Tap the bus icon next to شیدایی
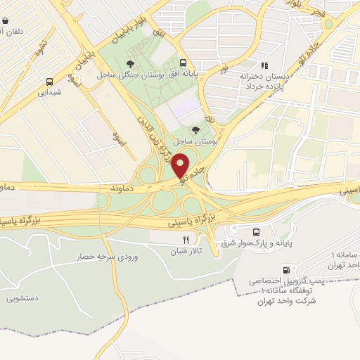pos(49,81)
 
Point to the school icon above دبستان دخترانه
pos(264,65)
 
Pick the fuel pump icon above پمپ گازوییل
pos(285,269)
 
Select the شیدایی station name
pos(49,92)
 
